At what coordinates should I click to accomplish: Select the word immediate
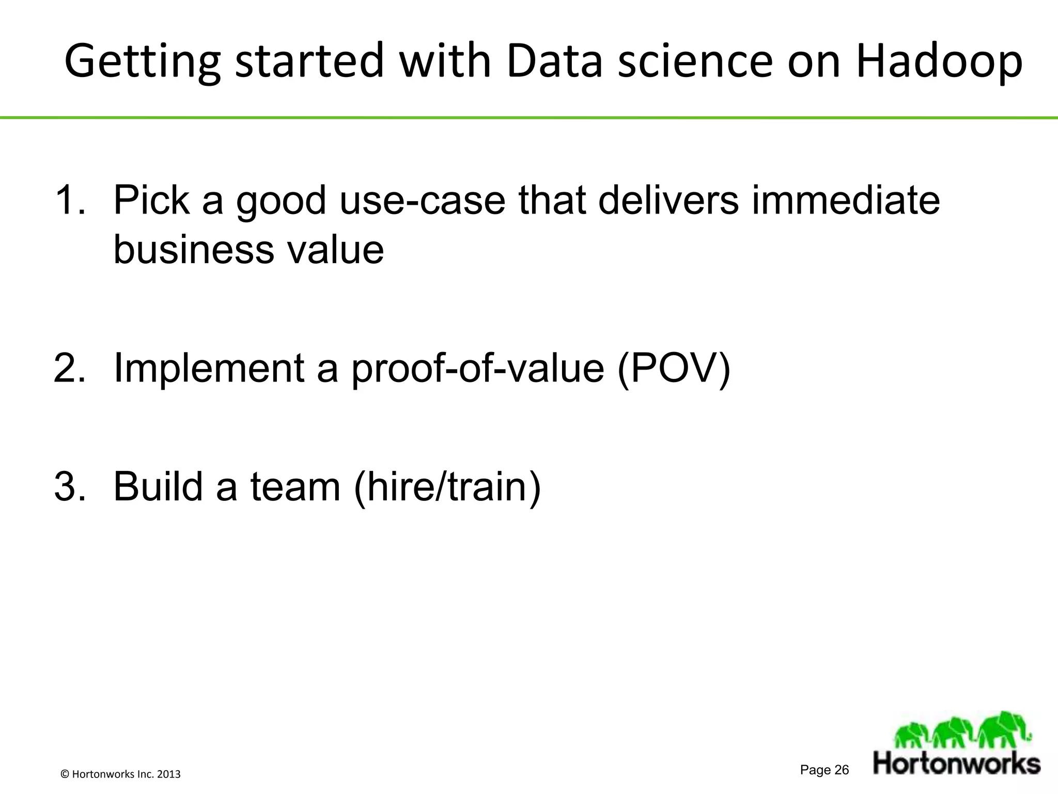[x=846, y=200]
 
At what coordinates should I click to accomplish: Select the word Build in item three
[x=158, y=486]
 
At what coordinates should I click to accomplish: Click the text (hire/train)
[x=447, y=486]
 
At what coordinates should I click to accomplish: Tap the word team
[x=295, y=486]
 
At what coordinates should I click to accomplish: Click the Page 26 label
[x=824, y=770]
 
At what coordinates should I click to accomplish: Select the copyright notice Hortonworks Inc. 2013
[x=121, y=774]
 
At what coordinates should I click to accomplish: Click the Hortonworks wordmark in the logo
[x=957, y=764]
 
